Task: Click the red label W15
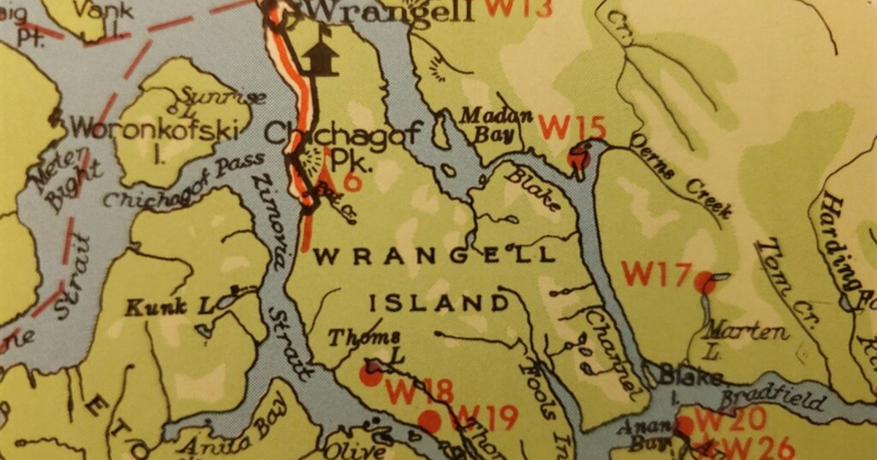coord(572,127)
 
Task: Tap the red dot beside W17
coord(705,282)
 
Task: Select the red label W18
coord(419,392)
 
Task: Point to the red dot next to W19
coord(429,421)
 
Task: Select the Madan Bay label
coord(490,124)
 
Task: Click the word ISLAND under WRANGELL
coord(438,303)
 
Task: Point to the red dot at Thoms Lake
coord(371,375)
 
